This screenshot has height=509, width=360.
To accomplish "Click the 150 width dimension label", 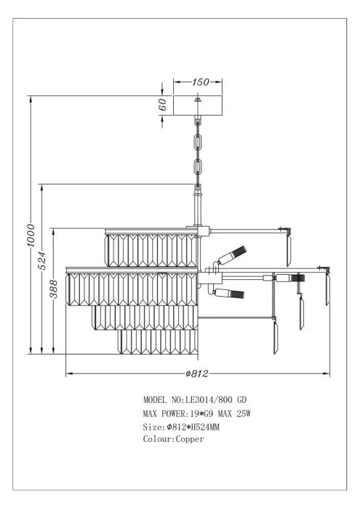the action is (x=200, y=81).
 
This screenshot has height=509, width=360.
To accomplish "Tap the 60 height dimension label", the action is (x=163, y=105).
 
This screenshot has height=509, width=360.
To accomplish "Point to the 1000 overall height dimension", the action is (x=31, y=235).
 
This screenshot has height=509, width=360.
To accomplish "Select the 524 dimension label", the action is (x=42, y=260).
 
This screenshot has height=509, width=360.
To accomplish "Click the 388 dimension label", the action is (x=54, y=289).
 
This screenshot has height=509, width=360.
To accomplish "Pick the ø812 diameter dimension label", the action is (x=196, y=374).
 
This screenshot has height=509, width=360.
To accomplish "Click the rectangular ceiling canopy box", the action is (x=198, y=105).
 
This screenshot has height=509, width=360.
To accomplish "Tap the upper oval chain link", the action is (x=198, y=142).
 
